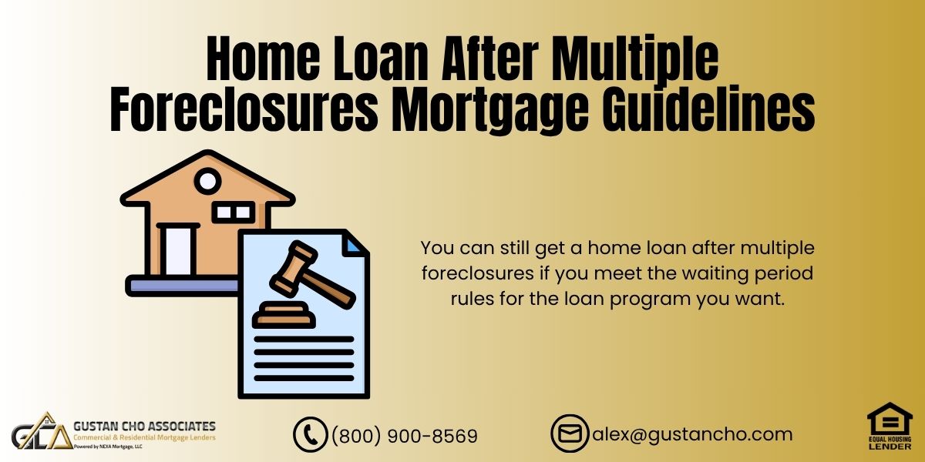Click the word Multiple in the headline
[x=636, y=58]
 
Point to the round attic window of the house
[x=207, y=181]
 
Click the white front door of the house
[x=178, y=251]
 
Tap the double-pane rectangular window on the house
[x=234, y=213]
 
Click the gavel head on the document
[x=294, y=268]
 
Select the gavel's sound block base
[x=284, y=315]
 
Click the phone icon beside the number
[x=310, y=435]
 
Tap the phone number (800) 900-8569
[x=405, y=436]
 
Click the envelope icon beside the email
[x=570, y=434]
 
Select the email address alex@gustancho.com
[x=692, y=434]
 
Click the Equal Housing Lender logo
[x=890, y=426]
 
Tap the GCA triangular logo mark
[x=42, y=431]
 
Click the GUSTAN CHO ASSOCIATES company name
[x=145, y=426]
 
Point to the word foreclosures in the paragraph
[x=478, y=273]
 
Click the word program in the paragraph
[x=650, y=299]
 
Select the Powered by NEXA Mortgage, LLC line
[x=108, y=447]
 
